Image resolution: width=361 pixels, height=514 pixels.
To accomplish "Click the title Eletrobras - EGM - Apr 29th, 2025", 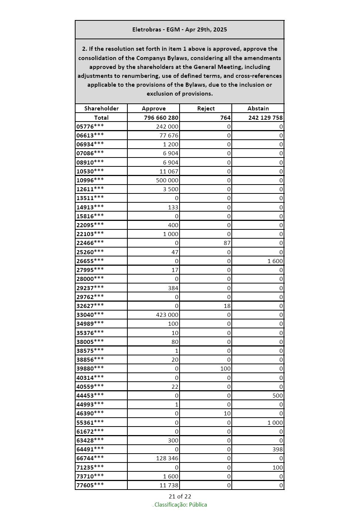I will (180, 30).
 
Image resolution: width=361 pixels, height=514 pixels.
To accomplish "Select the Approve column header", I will (154, 109).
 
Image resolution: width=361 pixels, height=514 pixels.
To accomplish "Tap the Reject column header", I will (206, 109).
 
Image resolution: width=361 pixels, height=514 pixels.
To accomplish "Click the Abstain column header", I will (258, 109).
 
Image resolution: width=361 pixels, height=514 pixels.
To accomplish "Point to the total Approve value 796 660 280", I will (161, 117).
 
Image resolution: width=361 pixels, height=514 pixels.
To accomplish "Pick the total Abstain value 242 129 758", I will (265, 117).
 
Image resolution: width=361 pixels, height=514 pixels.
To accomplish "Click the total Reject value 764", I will (225, 117).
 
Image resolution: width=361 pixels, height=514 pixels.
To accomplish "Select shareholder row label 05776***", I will (90, 126).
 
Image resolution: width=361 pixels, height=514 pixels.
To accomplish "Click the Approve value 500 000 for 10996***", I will (167, 180).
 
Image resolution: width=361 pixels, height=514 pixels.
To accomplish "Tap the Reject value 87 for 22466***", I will (227, 243).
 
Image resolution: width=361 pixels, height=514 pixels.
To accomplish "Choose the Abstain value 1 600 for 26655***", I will (275, 261).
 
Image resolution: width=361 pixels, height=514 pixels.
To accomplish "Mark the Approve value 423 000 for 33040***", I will (167, 315).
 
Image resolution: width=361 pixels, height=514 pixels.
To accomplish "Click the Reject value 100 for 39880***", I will (225, 368).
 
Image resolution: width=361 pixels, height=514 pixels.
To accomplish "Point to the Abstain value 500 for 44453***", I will (278, 395).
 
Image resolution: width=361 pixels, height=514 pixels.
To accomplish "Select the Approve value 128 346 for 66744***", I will (167, 458).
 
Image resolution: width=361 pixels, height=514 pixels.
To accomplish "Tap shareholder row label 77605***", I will (90, 485).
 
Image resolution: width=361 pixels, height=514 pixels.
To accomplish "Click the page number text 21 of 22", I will (180, 497).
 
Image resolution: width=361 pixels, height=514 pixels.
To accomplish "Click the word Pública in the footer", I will (198, 505).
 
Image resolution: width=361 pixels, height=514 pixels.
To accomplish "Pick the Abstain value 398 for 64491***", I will (278, 450).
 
